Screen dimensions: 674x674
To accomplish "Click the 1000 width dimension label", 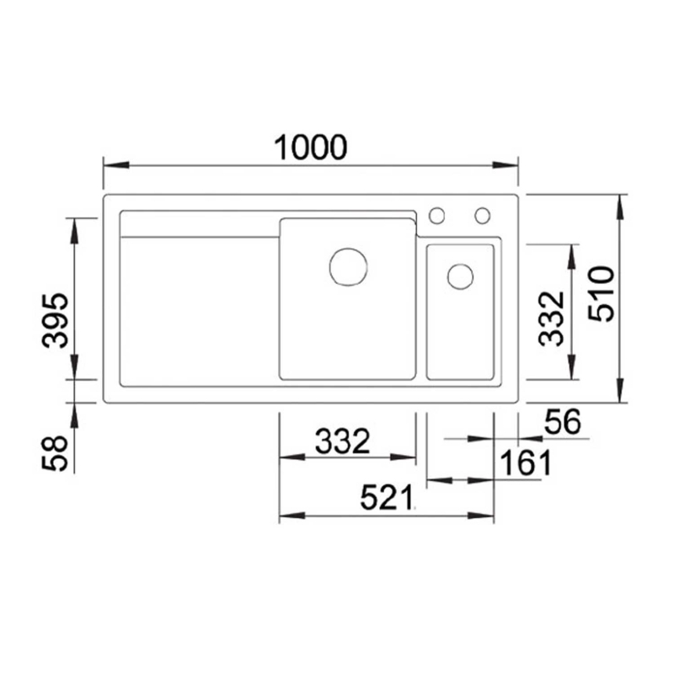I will tap(310, 147).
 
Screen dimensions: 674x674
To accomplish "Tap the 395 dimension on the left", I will tap(56, 321).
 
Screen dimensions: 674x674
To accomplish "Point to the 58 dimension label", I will tap(55, 453).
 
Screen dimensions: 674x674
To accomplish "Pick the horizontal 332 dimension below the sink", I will tap(342, 441).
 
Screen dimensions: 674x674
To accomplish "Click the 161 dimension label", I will tap(525, 463).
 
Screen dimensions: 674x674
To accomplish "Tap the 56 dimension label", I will tap(562, 423).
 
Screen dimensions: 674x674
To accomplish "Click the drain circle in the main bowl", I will tap(347, 266).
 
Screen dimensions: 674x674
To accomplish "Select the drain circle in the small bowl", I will tap(460, 276).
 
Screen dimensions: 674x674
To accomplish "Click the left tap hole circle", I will tap(437, 216).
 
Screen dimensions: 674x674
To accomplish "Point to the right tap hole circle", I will tap(482, 216).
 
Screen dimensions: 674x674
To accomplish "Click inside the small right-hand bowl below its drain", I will tap(459, 337).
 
